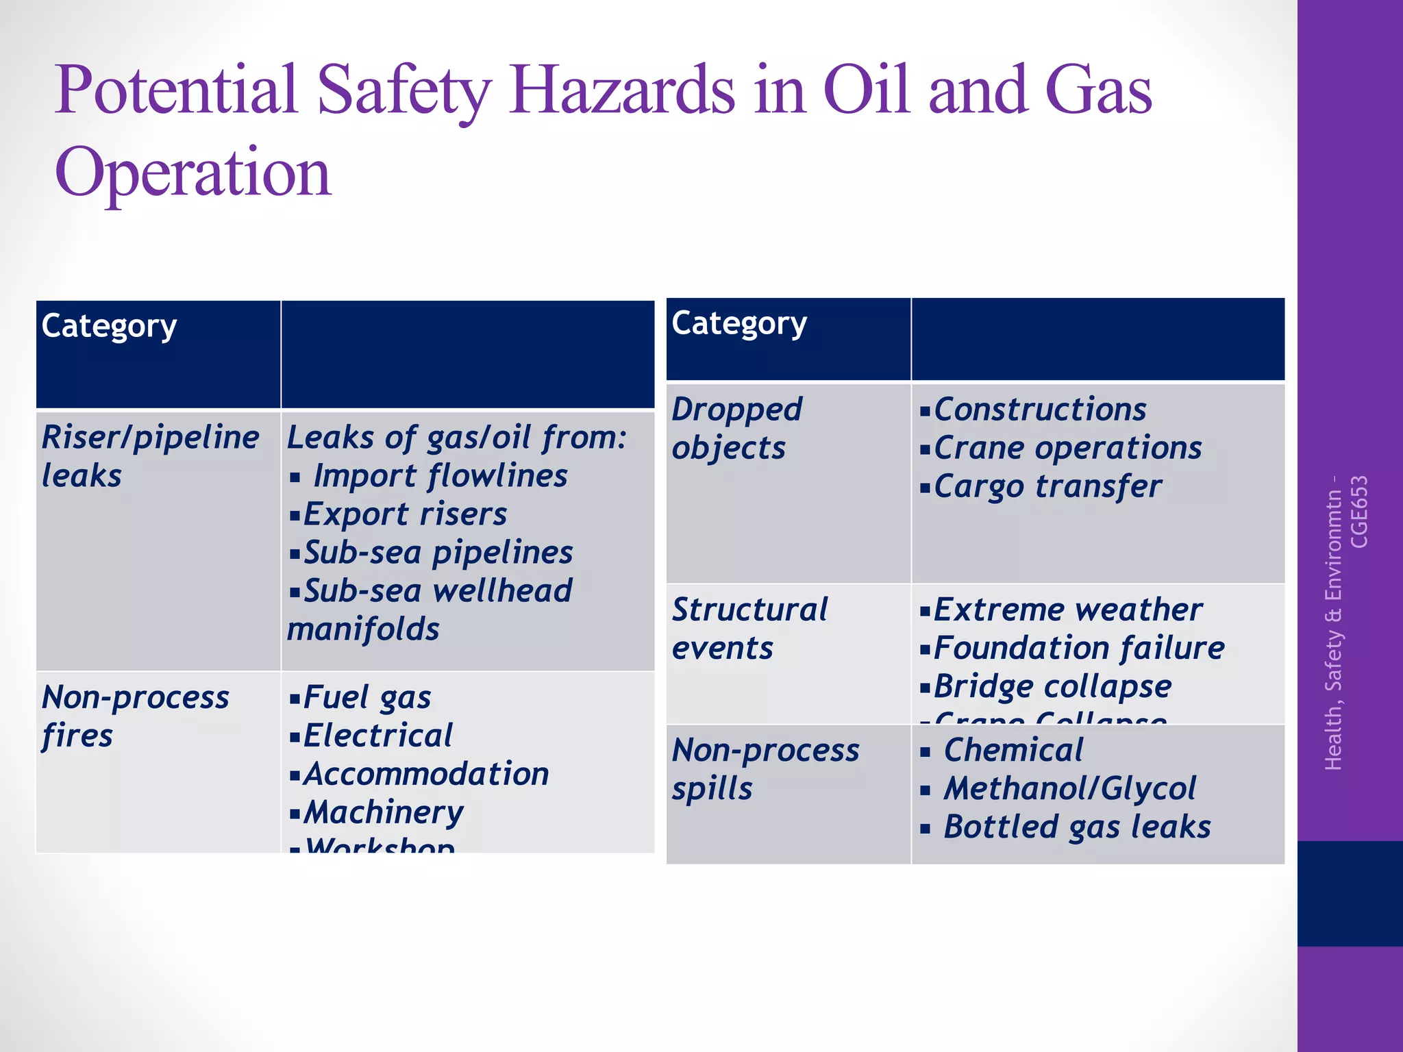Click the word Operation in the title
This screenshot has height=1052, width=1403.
tap(193, 173)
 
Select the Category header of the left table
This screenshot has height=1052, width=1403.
tap(110, 326)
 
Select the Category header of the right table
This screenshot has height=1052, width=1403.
tap(739, 323)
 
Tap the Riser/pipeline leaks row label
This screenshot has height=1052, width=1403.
tap(150, 456)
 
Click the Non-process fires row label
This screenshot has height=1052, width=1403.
tap(135, 716)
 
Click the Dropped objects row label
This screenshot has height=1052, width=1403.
tap(736, 429)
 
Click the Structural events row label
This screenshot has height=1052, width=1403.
tap(749, 629)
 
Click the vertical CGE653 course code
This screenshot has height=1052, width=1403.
tap(1359, 512)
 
